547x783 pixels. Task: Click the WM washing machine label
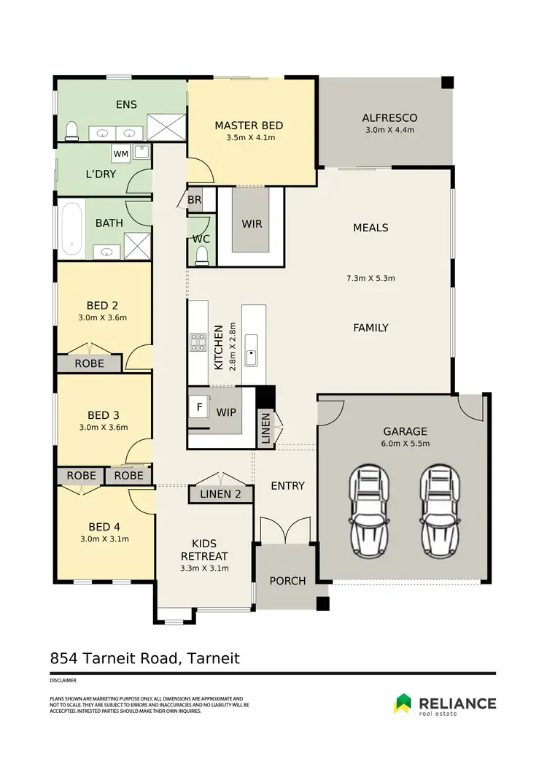(x=120, y=154)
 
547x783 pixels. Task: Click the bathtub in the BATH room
(x=72, y=228)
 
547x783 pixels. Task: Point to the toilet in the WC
(x=202, y=254)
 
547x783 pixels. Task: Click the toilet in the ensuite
(x=71, y=131)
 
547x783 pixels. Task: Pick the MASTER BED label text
(x=249, y=126)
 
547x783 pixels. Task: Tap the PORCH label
(x=287, y=581)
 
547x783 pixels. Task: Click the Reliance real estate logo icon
(x=403, y=703)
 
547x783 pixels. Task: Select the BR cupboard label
(x=194, y=199)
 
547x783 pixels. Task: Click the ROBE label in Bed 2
(x=89, y=363)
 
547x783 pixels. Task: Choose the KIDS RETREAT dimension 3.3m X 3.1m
(x=205, y=568)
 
